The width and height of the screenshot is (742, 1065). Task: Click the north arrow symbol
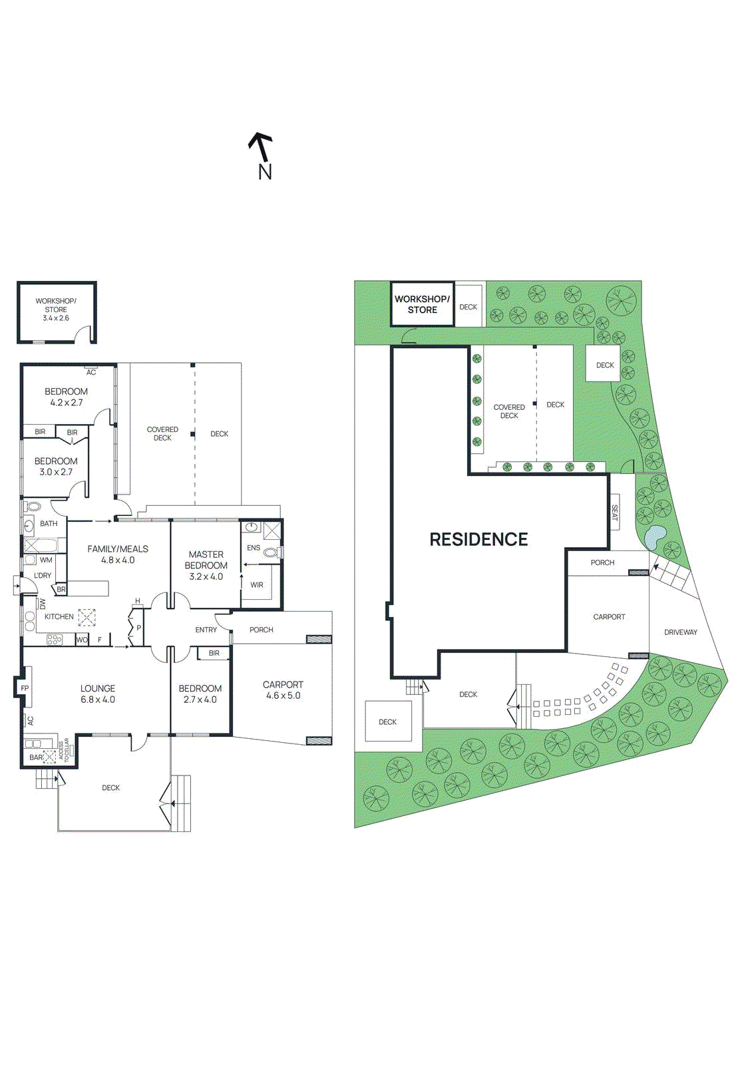(x=260, y=146)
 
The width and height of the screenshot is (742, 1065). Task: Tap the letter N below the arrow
(x=265, y=172)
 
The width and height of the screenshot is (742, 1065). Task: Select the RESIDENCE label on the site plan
(x=478, y=539)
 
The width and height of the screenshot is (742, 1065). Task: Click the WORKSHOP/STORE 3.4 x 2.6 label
(x=56, y=310)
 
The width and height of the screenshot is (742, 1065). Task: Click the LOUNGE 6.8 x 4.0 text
(x=98, y=694)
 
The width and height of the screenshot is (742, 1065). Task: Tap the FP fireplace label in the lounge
(x=25, y=688)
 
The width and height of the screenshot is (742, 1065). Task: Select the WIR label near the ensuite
(x=257, y=585)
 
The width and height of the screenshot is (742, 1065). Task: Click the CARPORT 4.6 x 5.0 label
(x=283, y=690)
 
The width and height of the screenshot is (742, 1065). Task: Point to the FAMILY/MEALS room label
(x=118, y=554)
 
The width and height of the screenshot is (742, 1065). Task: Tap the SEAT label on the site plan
(x=614, y=512)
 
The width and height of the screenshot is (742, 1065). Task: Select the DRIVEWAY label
(x=680, y=632)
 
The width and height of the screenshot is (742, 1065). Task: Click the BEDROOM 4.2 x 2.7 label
(x=66, y=397)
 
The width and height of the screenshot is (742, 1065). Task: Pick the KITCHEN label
(x=59, y=616)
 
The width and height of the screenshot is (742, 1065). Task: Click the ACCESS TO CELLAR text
(x=64, y=749)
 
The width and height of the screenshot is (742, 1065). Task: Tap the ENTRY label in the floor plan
(x=206, y=630)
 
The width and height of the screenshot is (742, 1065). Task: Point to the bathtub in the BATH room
(x=40, y=546)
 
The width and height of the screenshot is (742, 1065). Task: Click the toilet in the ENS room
(x=270, y=552)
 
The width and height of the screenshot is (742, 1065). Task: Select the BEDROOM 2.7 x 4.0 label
(x=200, y=694)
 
